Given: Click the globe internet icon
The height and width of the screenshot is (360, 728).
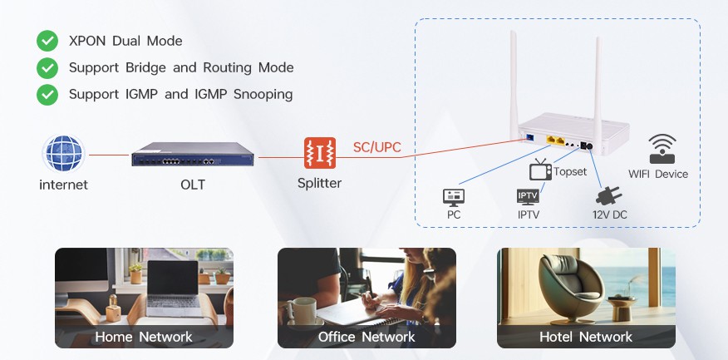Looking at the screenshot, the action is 63,153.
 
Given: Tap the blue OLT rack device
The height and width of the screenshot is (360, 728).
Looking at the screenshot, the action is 192,154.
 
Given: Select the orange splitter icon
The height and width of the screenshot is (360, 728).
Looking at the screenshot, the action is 320,153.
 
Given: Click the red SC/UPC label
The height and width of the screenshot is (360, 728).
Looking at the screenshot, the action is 376,147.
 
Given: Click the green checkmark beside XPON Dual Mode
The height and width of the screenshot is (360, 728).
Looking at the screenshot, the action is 47,41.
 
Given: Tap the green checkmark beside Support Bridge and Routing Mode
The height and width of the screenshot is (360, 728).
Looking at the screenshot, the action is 47,68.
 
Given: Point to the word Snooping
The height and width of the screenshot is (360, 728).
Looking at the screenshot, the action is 263,95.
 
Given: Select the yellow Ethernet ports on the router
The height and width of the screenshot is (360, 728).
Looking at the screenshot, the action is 556,141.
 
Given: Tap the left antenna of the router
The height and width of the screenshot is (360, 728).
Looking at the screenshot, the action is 514,84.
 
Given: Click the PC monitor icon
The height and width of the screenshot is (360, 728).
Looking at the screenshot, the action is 454,198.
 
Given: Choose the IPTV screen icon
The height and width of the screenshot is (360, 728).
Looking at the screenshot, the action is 528,197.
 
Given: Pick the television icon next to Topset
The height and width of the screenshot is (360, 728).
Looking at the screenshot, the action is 540,170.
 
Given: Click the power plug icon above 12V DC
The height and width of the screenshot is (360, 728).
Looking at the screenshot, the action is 608,196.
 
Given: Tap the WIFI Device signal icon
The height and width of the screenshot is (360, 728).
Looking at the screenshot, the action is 662,149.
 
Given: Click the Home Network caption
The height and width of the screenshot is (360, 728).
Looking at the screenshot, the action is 144,337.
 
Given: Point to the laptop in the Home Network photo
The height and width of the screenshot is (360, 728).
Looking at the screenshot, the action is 173,289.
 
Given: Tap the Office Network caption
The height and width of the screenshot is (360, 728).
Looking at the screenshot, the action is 366,337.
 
